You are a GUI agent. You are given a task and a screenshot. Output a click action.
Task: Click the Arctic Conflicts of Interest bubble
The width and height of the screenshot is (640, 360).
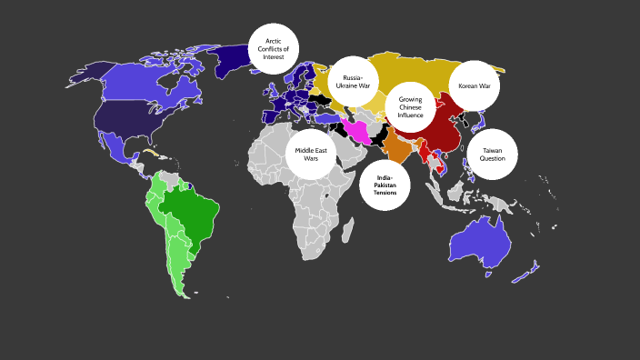[x=274, y=48]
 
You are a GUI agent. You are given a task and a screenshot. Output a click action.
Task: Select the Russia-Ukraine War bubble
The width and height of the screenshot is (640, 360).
[x=353, y=81]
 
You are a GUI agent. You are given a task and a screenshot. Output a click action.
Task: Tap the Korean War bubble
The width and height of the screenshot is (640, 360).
[x=474, y=86]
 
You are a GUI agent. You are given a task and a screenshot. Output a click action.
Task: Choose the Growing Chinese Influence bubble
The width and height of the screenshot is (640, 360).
[x=410, y=107]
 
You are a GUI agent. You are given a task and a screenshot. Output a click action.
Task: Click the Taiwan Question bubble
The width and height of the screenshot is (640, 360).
[x=492, y=154]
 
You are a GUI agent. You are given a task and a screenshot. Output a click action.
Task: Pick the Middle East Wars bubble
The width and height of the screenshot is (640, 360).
[x=311, y=154]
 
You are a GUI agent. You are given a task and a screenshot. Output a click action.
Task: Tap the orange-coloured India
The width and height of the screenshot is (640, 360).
[x=396, y=145]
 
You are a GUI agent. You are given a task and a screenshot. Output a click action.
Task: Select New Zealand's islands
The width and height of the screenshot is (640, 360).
[x=525, y=271]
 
